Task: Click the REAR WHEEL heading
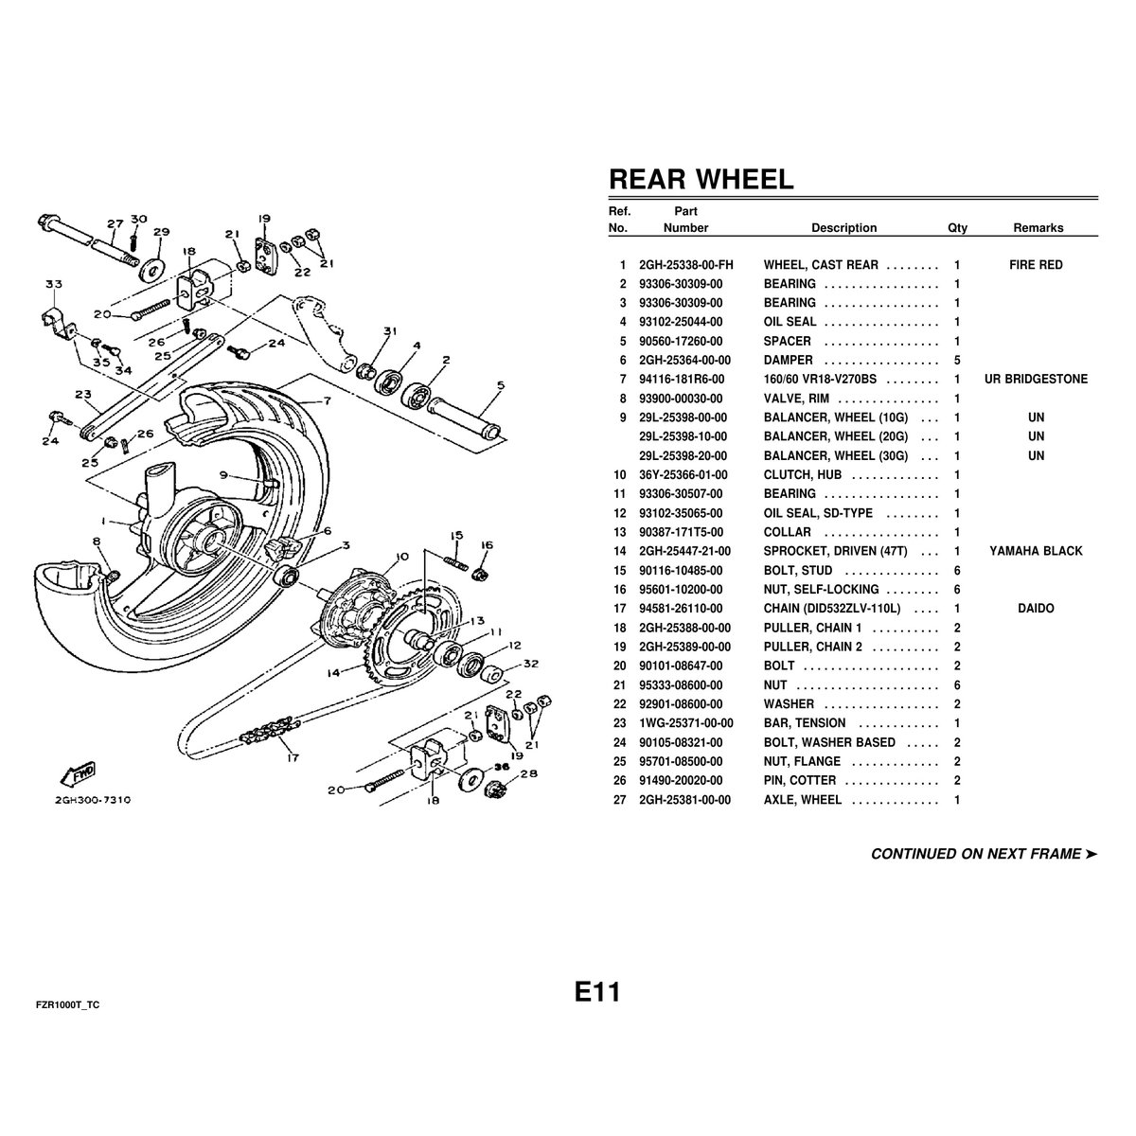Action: [x=701, y=179]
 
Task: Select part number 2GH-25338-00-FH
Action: [x=685, y=265]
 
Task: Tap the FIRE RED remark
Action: [x=1036, y=265]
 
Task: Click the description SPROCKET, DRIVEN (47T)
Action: [x=835, y=551]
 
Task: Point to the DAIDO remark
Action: [x=1036, y=609]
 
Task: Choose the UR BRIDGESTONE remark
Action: [x=1036, y=379]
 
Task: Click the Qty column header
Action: [x=957, y=228]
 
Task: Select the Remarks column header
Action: [x=1038, y=228]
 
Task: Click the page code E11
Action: [x=597, y=991]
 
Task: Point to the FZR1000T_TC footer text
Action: [x=67, y=1005]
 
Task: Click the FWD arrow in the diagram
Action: [x=79, y=774]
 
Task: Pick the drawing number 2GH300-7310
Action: [x=93, y=800]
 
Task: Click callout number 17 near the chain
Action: [x=293, y=757]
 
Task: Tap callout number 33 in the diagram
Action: [x=54, y=284]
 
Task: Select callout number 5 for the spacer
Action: [x=501, y=385]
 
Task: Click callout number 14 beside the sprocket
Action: [x=333, y=672]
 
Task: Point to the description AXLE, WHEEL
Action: [x=803, y=800]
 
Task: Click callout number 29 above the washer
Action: [x=161, y=232]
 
